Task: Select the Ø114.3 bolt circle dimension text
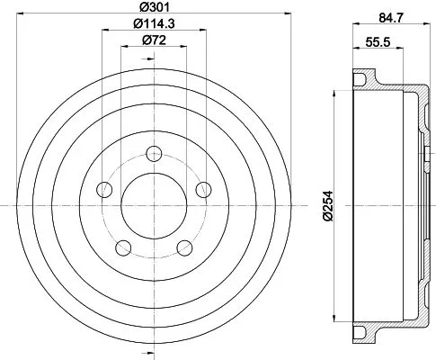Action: point(151,24)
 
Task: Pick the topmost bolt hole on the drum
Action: point(155,152)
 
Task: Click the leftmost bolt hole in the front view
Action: point(104,189)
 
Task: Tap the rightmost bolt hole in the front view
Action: point(205,189)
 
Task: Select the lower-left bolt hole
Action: point(123,248)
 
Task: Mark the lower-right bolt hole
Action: point(185,248)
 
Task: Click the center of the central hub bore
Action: point(155,206)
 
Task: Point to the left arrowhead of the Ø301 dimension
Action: point(20,15)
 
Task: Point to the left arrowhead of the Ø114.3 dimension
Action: point(105,32)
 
